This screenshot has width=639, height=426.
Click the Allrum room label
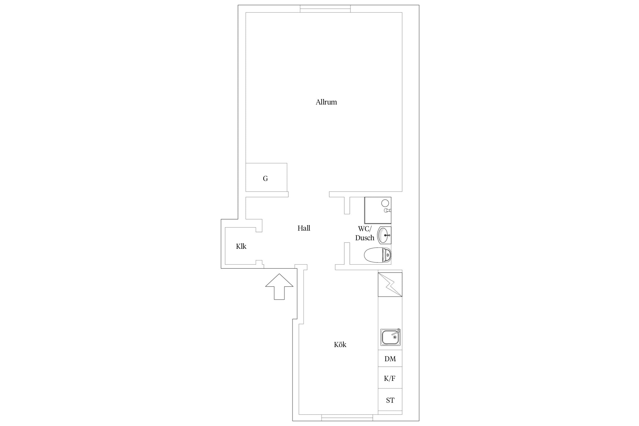326,102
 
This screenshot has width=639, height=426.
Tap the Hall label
304,228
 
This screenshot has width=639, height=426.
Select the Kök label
340,344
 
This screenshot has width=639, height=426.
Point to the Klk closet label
241,246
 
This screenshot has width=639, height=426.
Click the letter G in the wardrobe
265,178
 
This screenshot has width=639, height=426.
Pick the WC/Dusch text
365,233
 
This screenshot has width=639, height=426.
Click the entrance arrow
279,287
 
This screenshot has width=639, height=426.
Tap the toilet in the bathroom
377,255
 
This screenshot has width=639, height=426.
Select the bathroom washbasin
384,235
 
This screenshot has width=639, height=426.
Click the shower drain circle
385,203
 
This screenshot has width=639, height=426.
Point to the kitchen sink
390,337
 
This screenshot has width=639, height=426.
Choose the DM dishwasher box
390,358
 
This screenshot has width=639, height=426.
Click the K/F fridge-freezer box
390,378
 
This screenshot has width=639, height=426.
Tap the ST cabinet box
390,400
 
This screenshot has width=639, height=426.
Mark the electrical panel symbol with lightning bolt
390,285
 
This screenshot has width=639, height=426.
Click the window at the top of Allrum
325,9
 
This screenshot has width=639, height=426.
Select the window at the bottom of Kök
347,417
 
